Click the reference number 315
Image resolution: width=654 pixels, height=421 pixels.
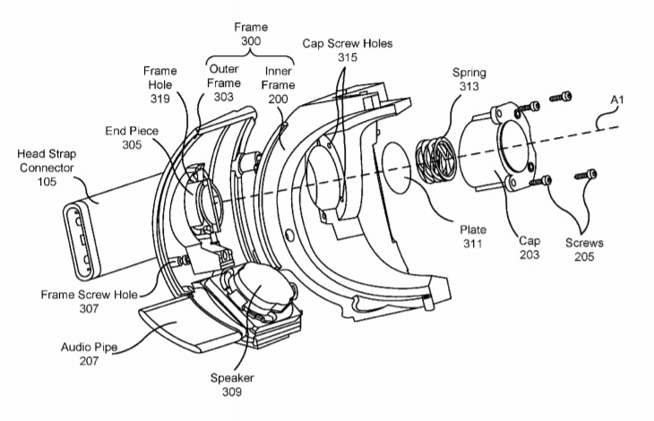[x=348, y=56]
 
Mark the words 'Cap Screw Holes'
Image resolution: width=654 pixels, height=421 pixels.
[x=348, y=41]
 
